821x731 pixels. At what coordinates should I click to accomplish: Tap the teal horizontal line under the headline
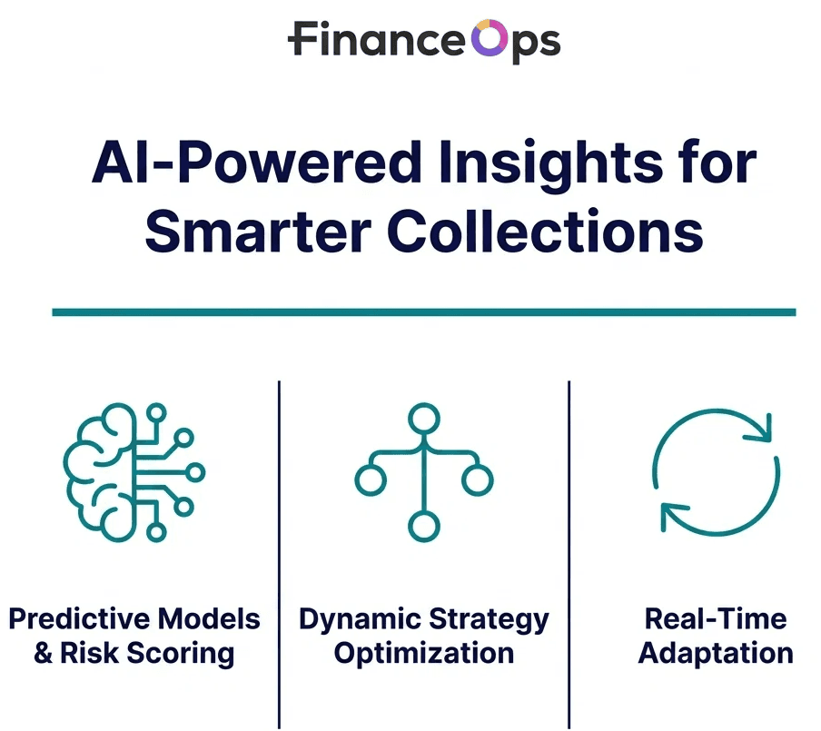(x=423, y=311)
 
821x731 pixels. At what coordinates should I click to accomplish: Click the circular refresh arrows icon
(x=716, y=475)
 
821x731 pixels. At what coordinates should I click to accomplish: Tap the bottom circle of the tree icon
(x=423, y=526)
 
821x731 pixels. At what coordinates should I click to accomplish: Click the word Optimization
(x=423, y=654)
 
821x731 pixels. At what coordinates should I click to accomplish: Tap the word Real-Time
(x=716, y=619)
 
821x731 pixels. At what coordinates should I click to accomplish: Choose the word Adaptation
(x=716, y=654)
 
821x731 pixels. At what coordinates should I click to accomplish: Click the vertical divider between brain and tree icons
(x=279, y=545)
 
